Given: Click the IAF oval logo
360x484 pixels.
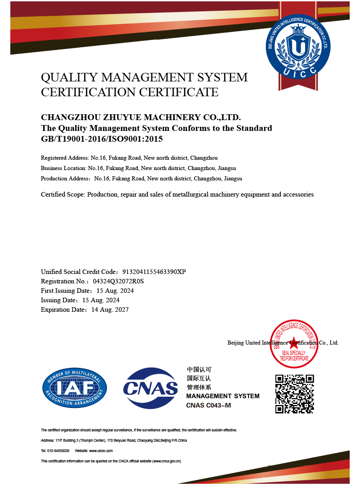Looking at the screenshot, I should click(x=75, y=388).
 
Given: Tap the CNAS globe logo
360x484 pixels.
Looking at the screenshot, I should click(x=151, y=388).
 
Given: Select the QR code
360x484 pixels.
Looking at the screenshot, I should click(x=294, y=394).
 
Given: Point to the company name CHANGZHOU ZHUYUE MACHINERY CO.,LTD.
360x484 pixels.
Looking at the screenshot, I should click(x=137, y=118).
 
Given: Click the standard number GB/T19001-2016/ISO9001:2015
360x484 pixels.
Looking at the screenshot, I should click(x=102, y=139).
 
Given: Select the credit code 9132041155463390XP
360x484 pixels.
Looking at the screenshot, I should click(x=154, y=272).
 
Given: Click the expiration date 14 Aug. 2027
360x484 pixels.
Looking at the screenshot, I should click(x=110, y=309).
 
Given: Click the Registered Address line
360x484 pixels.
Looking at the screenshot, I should click(x=129, y=158).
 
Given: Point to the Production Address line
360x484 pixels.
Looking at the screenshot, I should click(x=141, y=179).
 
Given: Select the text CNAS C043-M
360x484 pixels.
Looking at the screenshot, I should click(x=208, y=405).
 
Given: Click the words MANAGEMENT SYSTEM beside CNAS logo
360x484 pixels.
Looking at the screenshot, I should click(x=223, y=396).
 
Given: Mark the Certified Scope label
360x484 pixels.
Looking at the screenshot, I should click(x=63, y=195).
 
